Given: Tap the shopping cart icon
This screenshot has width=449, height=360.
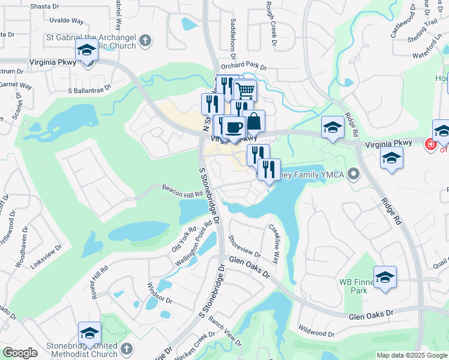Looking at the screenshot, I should pyautogui.click(x=245, y=91).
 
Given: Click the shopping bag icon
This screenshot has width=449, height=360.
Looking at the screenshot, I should pyautogui.click(x=254, y=120).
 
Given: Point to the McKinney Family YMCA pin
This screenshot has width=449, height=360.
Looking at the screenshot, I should pyautogui.click(x=354, y=175).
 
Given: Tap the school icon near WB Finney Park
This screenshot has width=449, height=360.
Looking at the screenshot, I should pyautogui.click(x=385, y=277).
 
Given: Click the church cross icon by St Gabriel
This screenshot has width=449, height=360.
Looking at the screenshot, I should pyautogui.click(x=144, y=41).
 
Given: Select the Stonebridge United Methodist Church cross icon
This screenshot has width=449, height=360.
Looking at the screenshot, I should pyautogui.click(x=126, y=348).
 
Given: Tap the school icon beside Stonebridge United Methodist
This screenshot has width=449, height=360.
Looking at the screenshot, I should pyautogui.click(x=89, y=332).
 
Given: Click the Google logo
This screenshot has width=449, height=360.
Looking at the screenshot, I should pyautogui.click(x=20, y=353).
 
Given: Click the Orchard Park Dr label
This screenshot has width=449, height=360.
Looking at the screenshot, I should pyautogui.click(x=243, y=65).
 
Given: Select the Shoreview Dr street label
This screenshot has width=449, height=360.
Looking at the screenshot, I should pyautogui.click(x=245, y=246).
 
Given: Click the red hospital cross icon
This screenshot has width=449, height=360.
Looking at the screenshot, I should pyautogui.click(x=429, y=145).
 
